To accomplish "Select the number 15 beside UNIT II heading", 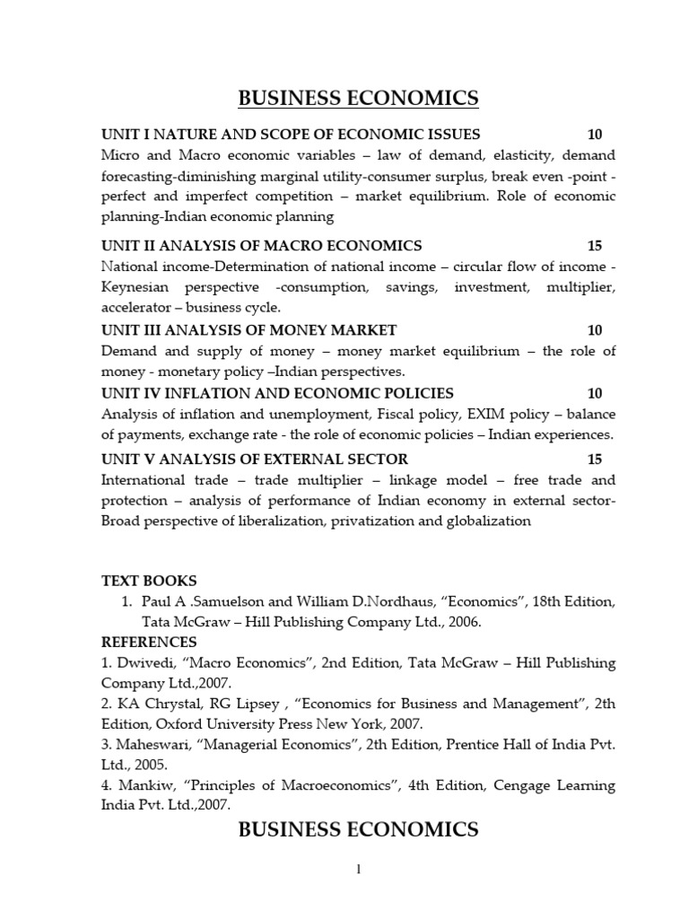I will pos(595,246).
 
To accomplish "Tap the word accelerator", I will pos(137,308).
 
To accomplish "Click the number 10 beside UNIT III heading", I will pos(595,330).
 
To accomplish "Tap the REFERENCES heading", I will pos(149,643).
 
